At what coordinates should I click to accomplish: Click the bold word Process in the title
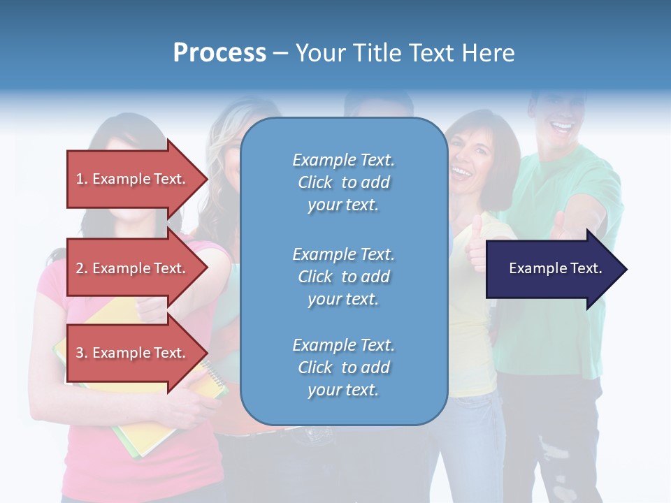[219, 53]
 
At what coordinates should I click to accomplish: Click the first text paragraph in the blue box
[343, 182]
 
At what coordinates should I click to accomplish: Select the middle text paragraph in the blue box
[343, 277]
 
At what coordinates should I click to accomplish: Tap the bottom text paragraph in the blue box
[343, 367]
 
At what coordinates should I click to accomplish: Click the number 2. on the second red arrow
[82, 268]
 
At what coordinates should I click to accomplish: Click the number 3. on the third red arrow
[82, 353]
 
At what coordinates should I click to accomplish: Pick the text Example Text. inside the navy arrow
[555, 268]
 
